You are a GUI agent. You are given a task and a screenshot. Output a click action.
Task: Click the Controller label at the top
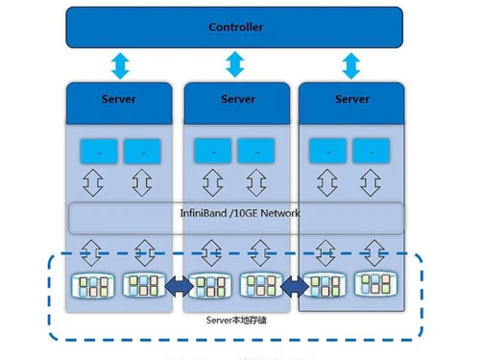point(235,27)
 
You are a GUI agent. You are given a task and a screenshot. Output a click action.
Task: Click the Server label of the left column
point(119,99)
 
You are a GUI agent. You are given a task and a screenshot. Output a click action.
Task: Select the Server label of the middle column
point(237,99)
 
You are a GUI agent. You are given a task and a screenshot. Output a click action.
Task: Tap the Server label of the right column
point(352,99)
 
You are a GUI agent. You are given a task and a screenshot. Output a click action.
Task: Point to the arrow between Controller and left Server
point(119,65)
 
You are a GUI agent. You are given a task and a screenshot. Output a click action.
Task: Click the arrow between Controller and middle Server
point(235,65)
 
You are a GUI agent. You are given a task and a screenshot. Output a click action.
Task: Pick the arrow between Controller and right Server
point(351,65)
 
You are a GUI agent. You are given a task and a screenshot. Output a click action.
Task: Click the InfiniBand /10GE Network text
point(240,213)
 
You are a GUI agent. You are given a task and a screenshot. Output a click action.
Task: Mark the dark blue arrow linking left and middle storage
point(178,286)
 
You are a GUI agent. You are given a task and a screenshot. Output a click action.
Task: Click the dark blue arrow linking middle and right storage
point(296,286)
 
